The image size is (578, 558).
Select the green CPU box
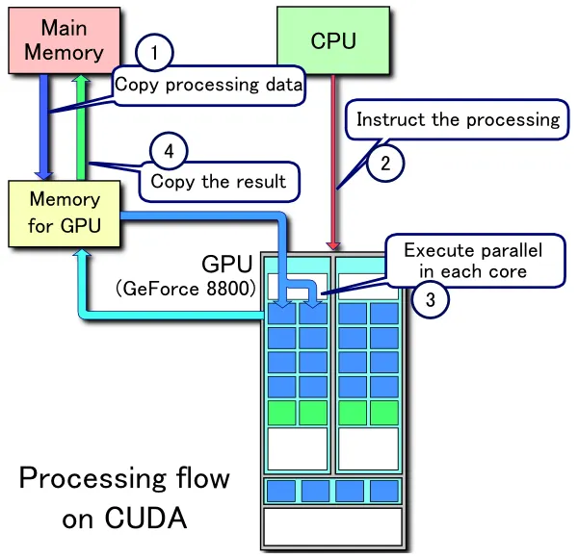click(x=333, y=40)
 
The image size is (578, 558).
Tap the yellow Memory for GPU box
click(x=65, y=213)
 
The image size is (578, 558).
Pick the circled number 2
click(x=385, y=164)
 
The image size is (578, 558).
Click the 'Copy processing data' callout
click(x=208, y=85)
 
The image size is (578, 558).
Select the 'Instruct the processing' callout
click(x=457, y=120)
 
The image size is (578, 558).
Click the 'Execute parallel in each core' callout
click(x=472, y=261)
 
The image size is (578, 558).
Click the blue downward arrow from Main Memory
click(x=45, y=125)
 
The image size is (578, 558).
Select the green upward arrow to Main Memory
click(x=83, y=125)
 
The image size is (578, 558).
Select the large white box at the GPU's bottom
click(x=332, y=526)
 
